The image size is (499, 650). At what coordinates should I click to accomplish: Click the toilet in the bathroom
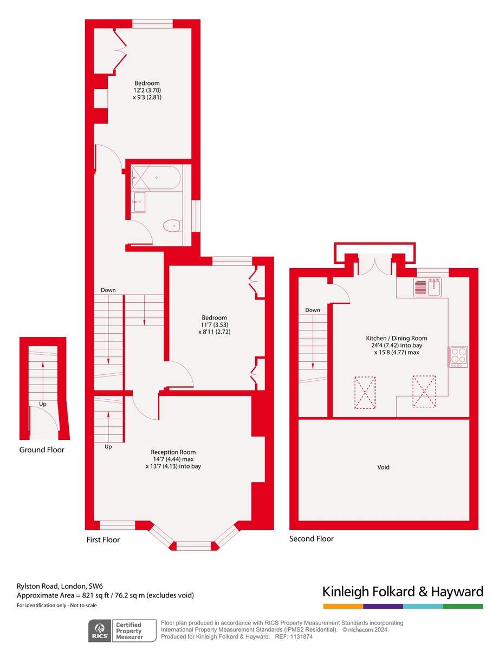pyautogui.click(x=172, y=225)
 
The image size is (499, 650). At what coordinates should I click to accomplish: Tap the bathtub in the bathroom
pyautogui.click(x=156, y=177)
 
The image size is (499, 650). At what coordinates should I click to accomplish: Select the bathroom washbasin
pyautogui.click(x=139, y=202)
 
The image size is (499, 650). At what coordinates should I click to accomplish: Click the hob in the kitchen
pyautogui.click(x=458, y=356)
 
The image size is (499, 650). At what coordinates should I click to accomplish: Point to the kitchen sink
pyautogui.click(x=427, y=287)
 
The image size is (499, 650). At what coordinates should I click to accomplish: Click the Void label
pyautogui.click(x=383, y=467)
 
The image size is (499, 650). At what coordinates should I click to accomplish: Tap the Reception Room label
pyautogui.click(x=173, y=452)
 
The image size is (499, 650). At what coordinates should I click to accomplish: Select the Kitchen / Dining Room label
pyautogui.click(x=397, y=338)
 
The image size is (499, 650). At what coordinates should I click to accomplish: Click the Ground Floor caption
pyautogui.click(x=42, y=450)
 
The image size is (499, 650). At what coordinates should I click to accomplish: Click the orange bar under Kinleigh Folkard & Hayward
pyautogui.click(x=343, y=606)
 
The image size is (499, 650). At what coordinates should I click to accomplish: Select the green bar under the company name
pyautogui.click(x=463, y=606)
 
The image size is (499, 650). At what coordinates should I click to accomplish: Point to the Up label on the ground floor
pyautogui.click(x=43, y=404)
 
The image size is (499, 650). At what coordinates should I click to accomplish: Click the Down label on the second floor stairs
pyautogui.click(x=313, y=310)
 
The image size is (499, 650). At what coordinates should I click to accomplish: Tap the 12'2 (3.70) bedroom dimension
pyautogui.click(x=147, y=90)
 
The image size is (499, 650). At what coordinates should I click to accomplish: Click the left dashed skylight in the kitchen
pyautogui.click(x=365, y=393)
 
